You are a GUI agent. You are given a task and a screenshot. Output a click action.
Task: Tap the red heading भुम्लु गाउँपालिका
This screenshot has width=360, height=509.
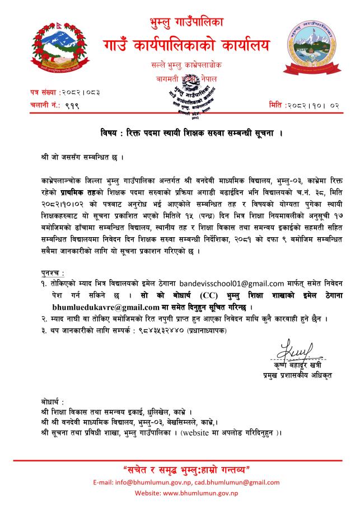[x=180, y=23]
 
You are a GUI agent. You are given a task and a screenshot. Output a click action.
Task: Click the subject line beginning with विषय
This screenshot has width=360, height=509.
[x=179, y=133]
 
